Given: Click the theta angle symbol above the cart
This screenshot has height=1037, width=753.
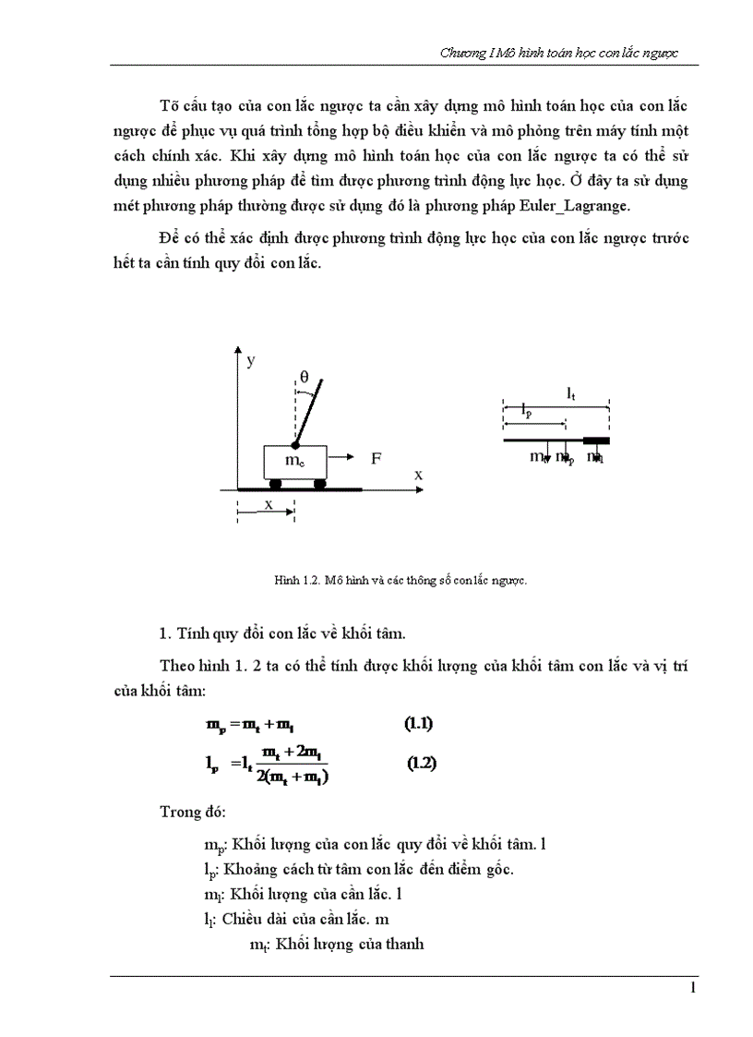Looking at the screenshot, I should click(304, 376).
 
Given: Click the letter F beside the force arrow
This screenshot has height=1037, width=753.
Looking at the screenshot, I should click(376, 457).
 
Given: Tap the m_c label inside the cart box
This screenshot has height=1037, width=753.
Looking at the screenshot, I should click(295, 460).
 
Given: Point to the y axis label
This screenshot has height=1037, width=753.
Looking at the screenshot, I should click(250, 360).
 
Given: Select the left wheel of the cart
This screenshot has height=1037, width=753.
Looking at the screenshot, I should click(275, 483).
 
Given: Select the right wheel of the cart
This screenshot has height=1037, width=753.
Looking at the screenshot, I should click(319, 483).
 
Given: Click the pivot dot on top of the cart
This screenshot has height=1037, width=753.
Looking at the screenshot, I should click(295, 445).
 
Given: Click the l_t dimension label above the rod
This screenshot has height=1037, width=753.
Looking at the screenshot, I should click(571, 393).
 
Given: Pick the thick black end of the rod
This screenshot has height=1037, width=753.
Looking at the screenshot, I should click(595, 441).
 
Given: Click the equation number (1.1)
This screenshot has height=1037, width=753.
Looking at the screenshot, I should click(419, 724).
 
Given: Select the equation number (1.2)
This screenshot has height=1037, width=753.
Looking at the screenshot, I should click(423, 764).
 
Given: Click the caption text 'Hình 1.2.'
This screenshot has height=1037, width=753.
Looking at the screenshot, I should click(295, 581).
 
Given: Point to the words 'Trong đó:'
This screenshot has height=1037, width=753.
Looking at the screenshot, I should click(186, 814).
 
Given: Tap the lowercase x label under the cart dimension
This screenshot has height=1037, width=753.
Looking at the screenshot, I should click(269, 505).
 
